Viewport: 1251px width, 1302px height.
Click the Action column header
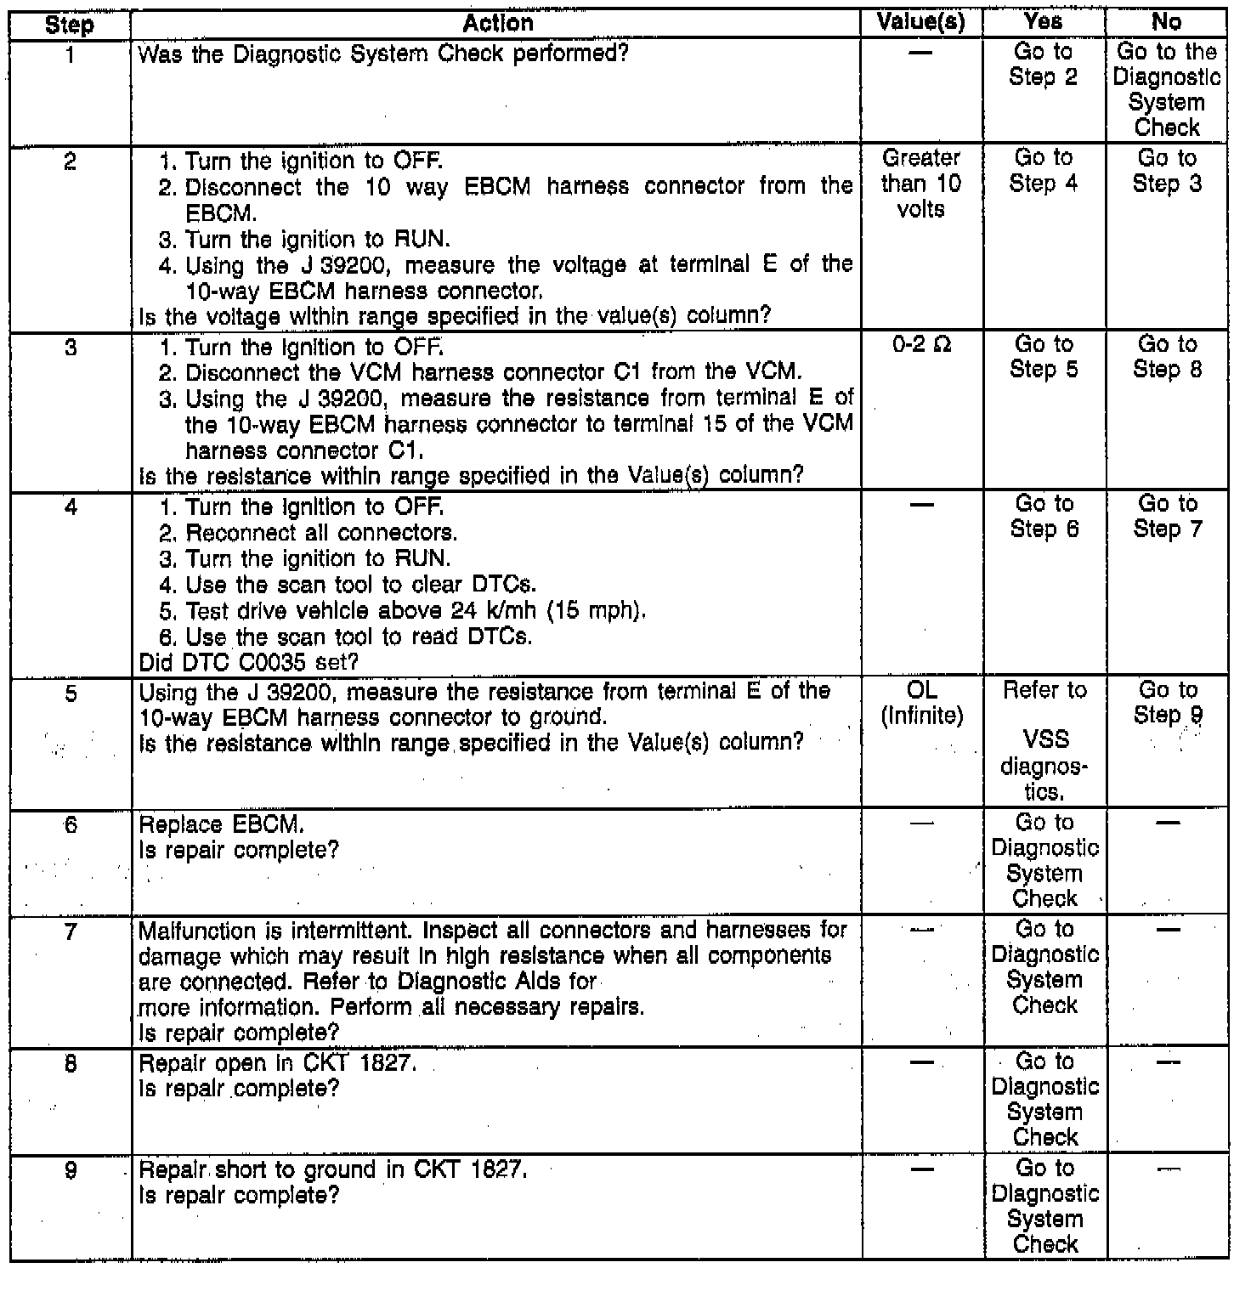(x=498, y=24)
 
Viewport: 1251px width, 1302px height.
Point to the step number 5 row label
(x=71, y=694)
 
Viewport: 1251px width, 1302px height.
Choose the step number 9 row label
(x=71, y=1171)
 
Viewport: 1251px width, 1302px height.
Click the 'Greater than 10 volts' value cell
(x=920, y=184)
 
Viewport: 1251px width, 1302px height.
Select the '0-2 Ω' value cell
(x=921, y=345)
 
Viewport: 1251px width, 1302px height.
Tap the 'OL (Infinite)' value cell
(x=921, y=704)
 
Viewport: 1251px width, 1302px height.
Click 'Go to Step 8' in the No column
(x=1167, y=357)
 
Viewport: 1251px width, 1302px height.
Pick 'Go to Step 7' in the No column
(x=1167, y=516)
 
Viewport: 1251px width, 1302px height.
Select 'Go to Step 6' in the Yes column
(x=1044, y=516)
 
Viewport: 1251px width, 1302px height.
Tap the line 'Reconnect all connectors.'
(x=321, y=533)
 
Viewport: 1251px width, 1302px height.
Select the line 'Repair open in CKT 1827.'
(x=277, y=1063)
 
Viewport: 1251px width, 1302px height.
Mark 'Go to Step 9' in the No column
(x=1167, y=703)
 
